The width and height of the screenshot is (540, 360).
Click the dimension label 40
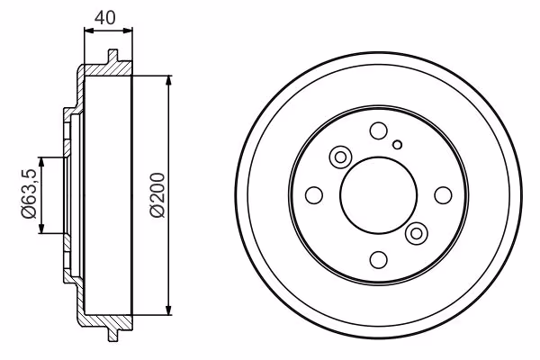point(105,18)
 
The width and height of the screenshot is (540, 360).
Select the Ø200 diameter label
point(158,195)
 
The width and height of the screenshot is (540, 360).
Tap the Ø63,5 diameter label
point(29,193)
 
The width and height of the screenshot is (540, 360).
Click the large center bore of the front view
point(378,195)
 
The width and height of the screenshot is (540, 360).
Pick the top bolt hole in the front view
point(379,130)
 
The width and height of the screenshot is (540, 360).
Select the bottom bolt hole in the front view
point(379,260)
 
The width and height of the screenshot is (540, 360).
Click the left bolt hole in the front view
point(314,195)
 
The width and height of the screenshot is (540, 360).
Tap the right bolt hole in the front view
point(443,195)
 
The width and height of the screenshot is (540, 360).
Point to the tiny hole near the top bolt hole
point(398,145)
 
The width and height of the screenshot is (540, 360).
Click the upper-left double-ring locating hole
point(340,157)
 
